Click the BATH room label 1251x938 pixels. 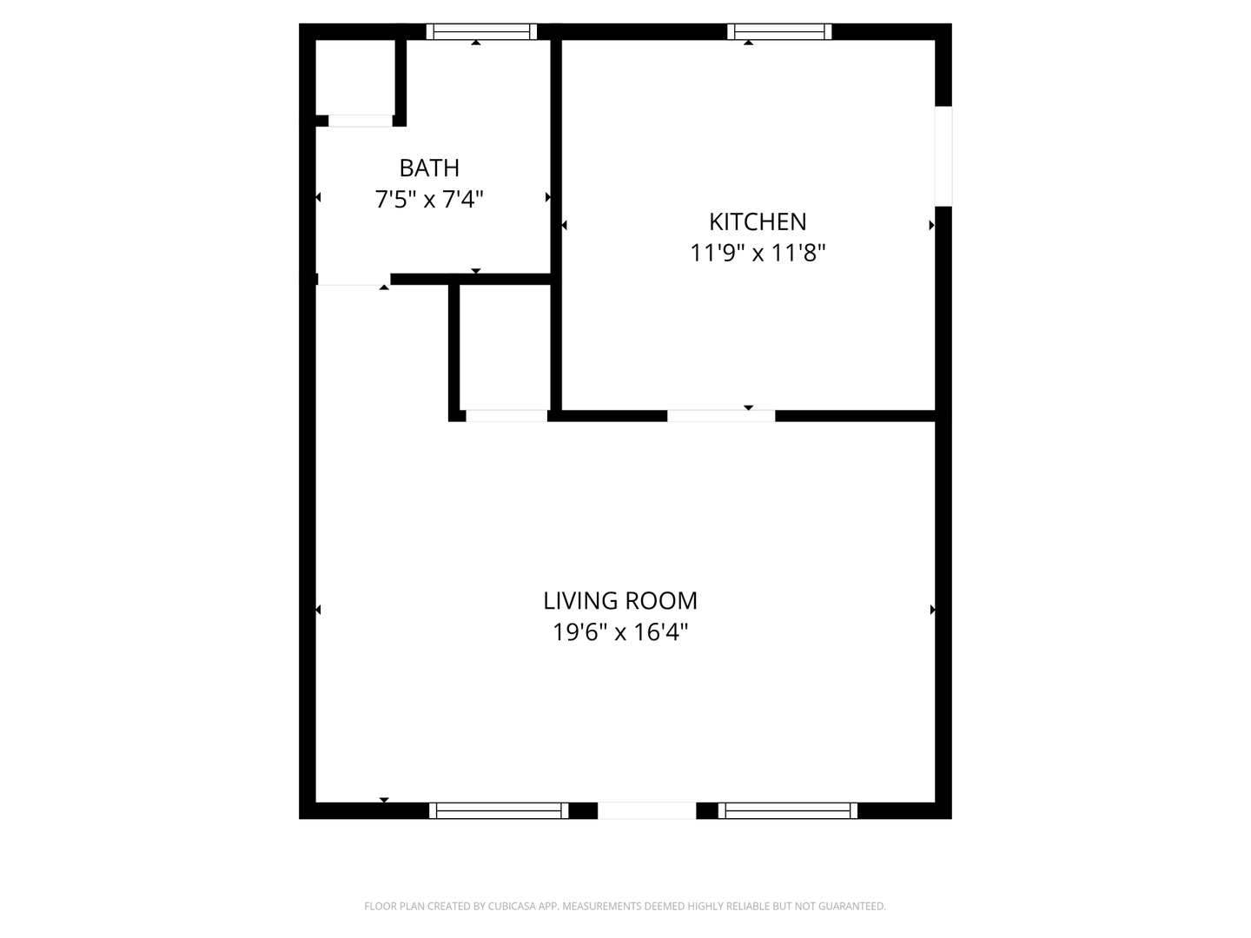[x=429, y=168]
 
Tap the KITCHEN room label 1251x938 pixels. [x=758, y=221]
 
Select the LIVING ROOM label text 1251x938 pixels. [x=620, y=600]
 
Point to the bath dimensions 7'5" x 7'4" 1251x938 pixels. [x=429, y=200]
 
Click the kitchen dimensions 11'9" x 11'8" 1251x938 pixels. [x=758, y=254]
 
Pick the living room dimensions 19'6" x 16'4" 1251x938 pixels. [x=620, y=632]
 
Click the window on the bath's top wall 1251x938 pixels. [x=481, y=32]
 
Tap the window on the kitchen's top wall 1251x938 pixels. [x=779, y=32]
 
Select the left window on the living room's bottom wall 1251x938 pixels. [x=499, y=810]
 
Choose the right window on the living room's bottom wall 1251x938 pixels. [x=788, y=810]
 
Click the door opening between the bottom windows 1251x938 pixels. [x=646, y=810]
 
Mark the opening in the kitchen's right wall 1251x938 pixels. [x=943, y=156]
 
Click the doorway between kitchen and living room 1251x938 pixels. [x=721, y=415]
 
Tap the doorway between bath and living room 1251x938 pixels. [x=353, y=279]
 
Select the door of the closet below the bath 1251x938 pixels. [x=506, y=415]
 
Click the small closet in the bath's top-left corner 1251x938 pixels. [x=355, y=76]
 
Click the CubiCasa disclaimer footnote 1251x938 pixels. [x=625, y=906]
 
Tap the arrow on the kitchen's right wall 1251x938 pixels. [x=931, y=225]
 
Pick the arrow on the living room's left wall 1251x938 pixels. [x=318, y=610]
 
